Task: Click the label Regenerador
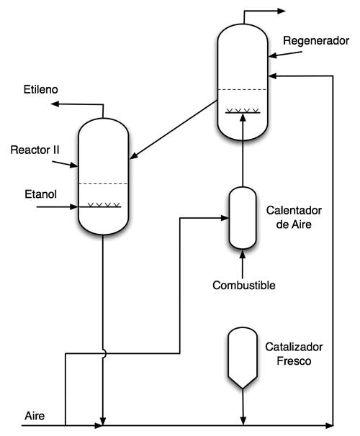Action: (x=316, y=41)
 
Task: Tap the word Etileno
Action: (x=40, y=89)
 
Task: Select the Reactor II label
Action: (x=35, y=150)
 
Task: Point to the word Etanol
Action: (x=40, y=194)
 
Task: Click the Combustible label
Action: (x=244, y=286)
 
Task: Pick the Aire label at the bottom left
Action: (x=35, y=416)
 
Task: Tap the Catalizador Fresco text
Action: (x=294, y=354)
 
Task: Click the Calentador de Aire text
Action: (x=294, y=217)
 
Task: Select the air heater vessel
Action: (x=243, y=218)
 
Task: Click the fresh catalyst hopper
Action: (x=243, y=358)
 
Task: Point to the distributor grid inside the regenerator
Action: (x=243, y=112)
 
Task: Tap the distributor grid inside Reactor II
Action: (x=104, y=206)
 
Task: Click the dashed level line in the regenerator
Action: (x=243, y=89)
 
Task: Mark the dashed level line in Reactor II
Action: (x=103, y=183)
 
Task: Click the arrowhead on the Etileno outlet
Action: (x=55, y=104)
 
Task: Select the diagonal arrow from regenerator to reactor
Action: (x=174, y=130)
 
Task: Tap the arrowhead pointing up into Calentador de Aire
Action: (x=243, y=253)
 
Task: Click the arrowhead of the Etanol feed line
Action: (x=74, y=207)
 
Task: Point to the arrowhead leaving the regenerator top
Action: (x=282, y=11)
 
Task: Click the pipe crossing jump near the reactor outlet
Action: (x=105, y=353)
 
